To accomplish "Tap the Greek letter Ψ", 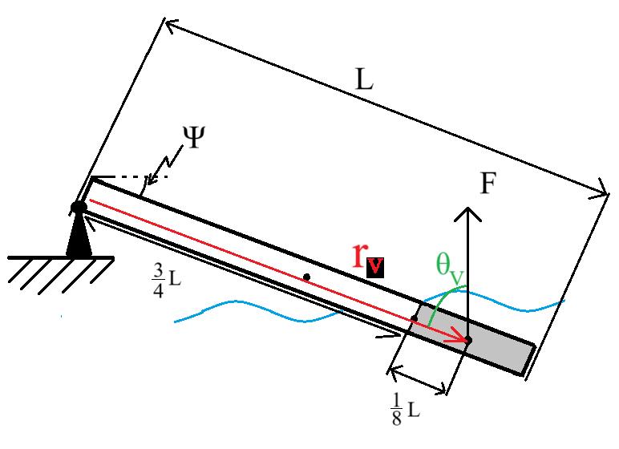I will click(192, 139).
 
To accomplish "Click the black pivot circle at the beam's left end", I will click(79, 208).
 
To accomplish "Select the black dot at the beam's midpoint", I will click(306, 277).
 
